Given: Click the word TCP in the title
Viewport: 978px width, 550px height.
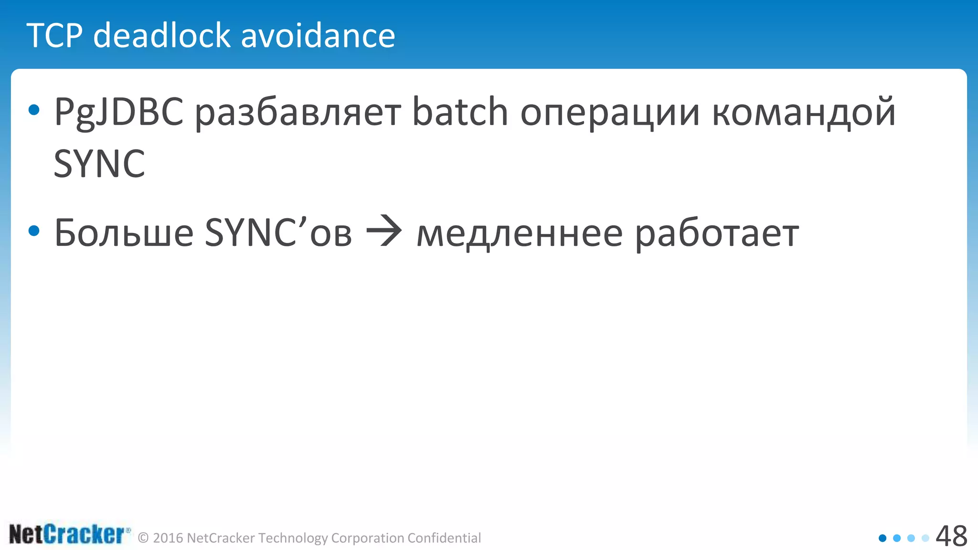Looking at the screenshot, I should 55,36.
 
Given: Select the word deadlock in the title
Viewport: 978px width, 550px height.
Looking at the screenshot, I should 162,36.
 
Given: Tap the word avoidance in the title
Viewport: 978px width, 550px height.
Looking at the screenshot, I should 318,36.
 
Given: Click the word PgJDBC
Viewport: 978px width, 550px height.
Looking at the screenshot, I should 118,113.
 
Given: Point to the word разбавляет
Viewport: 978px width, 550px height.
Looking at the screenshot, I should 298,113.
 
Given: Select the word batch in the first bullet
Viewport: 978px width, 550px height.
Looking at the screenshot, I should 459,112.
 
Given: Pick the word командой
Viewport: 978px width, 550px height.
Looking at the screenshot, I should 803,113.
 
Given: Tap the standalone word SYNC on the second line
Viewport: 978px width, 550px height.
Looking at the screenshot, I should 99,164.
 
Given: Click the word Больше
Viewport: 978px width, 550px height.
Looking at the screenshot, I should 124,233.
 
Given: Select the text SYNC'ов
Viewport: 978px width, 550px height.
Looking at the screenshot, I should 278,233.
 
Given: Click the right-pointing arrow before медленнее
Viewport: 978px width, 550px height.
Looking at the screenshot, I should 384,232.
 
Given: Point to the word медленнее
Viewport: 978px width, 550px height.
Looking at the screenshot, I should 520,234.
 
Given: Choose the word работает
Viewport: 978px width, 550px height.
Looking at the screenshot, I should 717,234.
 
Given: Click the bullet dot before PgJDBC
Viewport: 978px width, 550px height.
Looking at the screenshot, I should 34,110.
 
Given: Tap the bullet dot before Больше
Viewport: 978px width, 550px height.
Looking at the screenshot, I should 34,232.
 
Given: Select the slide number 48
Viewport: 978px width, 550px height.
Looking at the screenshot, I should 951,536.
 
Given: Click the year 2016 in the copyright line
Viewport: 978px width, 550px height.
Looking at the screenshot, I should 168,538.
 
